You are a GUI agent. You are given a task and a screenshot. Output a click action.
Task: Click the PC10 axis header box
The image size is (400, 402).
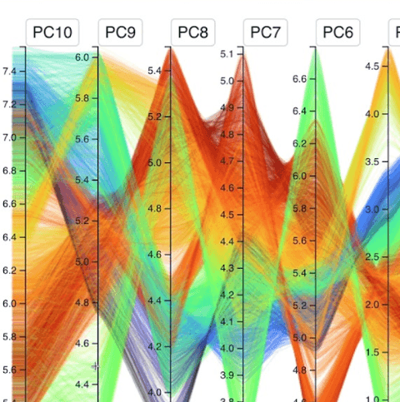click(x=52, y=33)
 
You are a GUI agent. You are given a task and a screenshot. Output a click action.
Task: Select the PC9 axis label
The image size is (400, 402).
click(x=121, y=33)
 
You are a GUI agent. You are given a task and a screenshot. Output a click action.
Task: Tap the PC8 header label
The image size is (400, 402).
click(x=193, y=33)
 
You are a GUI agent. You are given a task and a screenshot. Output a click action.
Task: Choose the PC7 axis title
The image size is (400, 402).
click(x=266, y=33)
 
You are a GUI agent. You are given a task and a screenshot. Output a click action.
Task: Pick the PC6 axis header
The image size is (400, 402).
click(x=337, y=33)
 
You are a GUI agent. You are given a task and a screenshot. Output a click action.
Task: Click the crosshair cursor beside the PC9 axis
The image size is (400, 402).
click(x=96, y=365)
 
